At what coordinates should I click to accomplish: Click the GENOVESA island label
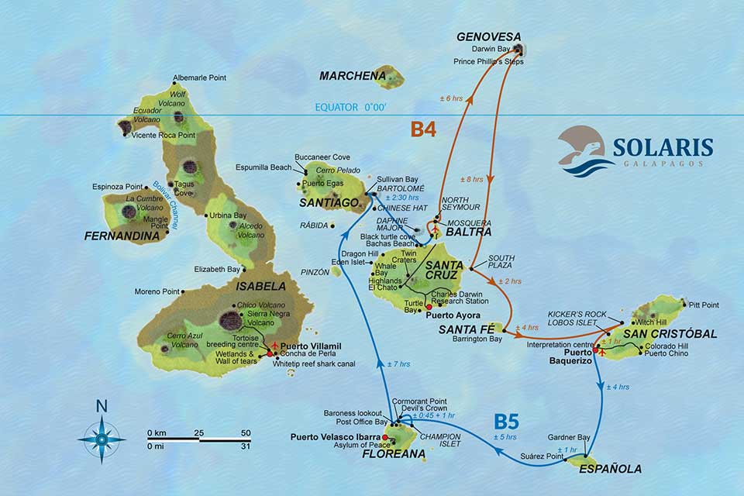point(488,36)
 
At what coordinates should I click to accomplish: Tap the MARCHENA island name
point(353,76)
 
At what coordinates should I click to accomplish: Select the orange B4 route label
point(424,130)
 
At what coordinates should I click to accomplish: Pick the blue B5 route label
point(507,422)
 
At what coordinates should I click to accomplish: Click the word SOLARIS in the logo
point(663,147)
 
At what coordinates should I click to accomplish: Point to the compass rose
point(102,438)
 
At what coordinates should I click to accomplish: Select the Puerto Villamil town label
point(311,346)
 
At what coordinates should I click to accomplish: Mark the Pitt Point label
point(704,305)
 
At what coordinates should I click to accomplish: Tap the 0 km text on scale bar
point(157,432)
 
